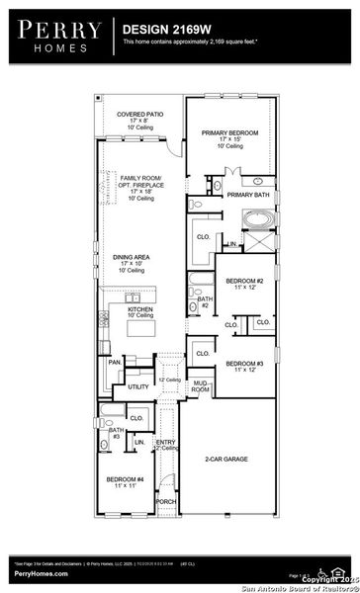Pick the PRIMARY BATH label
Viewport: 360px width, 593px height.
pos(247,196)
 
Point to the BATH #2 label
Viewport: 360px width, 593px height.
pos(203,302)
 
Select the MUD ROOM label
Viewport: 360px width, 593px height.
pos(201,386)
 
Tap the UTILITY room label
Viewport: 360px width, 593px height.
pos(138,387)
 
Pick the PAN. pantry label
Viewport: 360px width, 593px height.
pos(114,364)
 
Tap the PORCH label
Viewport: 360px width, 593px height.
pos(165,501)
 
